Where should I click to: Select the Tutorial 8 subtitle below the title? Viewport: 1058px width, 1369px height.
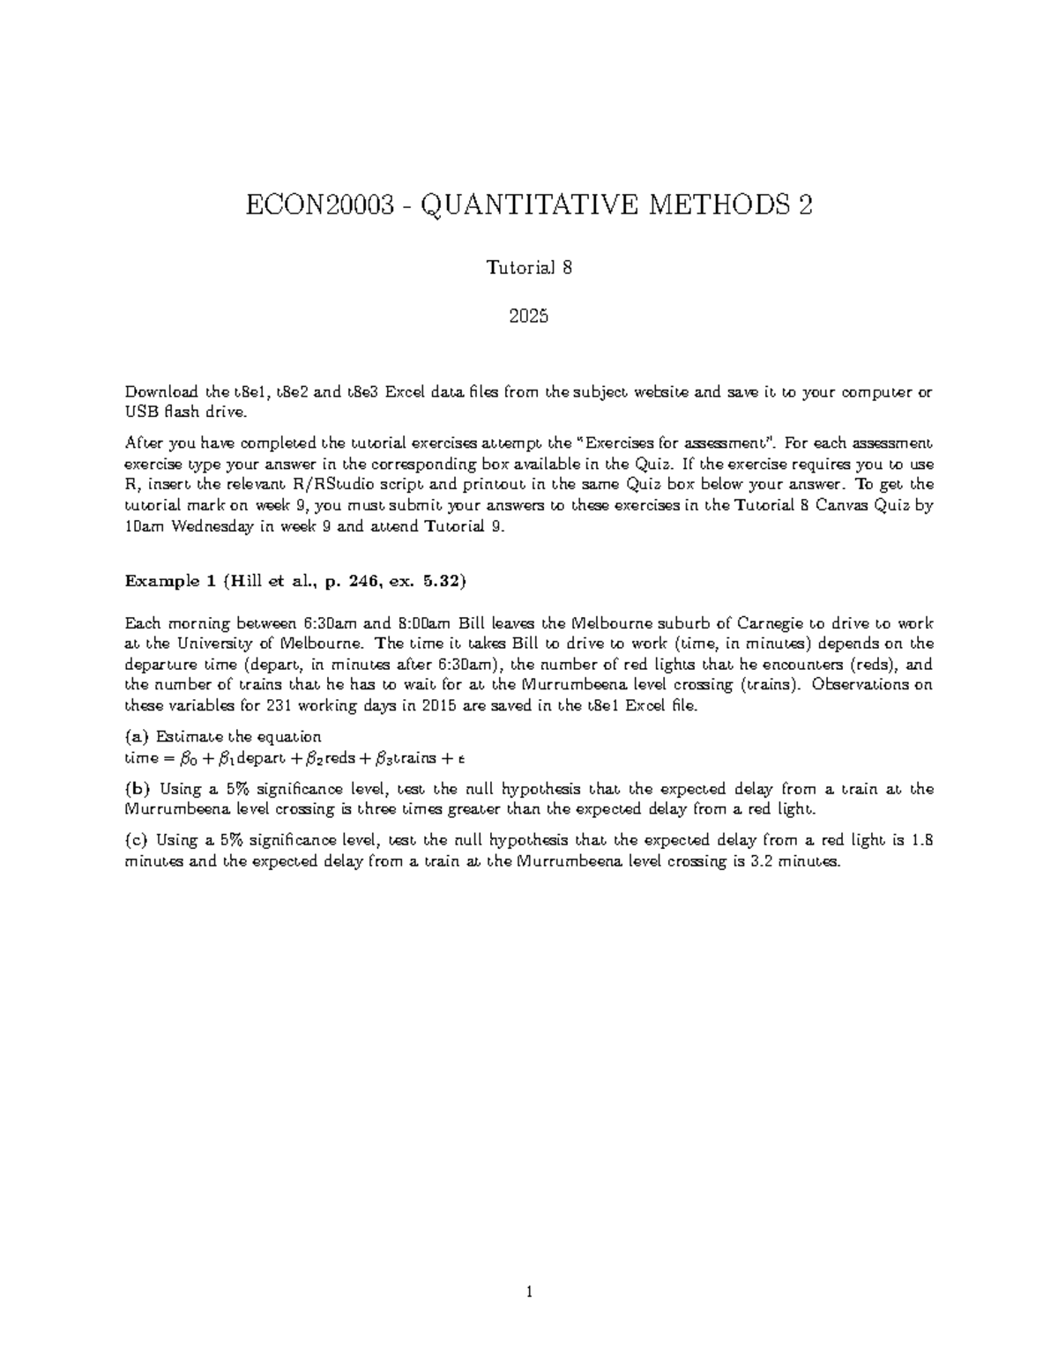pyautogui.click(x=529, y=268)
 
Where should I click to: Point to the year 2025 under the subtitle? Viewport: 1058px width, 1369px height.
pyautogui.click(x=529, y=315)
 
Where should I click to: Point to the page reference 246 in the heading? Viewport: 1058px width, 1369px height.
pyautogui.click(x=361, y=581)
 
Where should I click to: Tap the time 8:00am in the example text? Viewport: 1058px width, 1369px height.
pyautogui.click(x=421, y=622)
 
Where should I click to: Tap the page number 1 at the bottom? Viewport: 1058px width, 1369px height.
pyautogui.click(x=529, y=1293)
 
